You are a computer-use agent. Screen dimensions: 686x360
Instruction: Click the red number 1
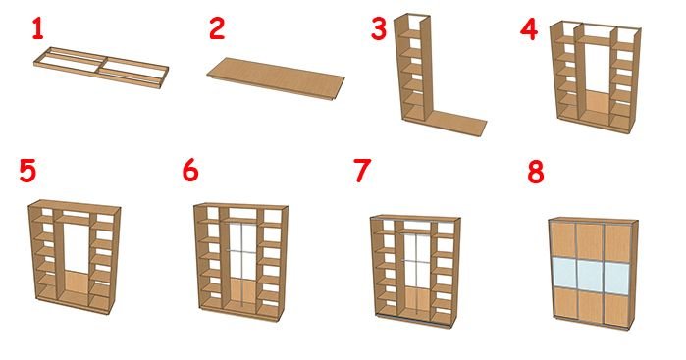38,28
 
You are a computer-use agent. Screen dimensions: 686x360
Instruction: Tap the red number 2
217,28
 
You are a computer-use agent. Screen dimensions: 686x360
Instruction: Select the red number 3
379,28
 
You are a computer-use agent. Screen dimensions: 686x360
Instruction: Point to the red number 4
529,29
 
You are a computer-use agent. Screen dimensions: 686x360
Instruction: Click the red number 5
27,171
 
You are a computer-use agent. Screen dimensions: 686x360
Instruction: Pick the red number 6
190,170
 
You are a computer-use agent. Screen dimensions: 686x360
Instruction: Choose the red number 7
362,171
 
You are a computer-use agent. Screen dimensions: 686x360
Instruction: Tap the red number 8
536,172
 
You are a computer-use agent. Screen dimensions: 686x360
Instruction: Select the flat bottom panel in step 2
276,77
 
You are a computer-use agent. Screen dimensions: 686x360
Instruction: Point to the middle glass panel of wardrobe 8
591,274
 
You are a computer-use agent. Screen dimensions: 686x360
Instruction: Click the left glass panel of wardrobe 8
563,271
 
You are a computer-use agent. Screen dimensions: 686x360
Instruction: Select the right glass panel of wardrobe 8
617,278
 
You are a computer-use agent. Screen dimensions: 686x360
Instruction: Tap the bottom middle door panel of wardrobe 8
591,305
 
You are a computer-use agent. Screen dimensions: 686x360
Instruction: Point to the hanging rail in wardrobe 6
242,223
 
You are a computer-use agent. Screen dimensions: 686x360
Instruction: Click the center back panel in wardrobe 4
596,106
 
